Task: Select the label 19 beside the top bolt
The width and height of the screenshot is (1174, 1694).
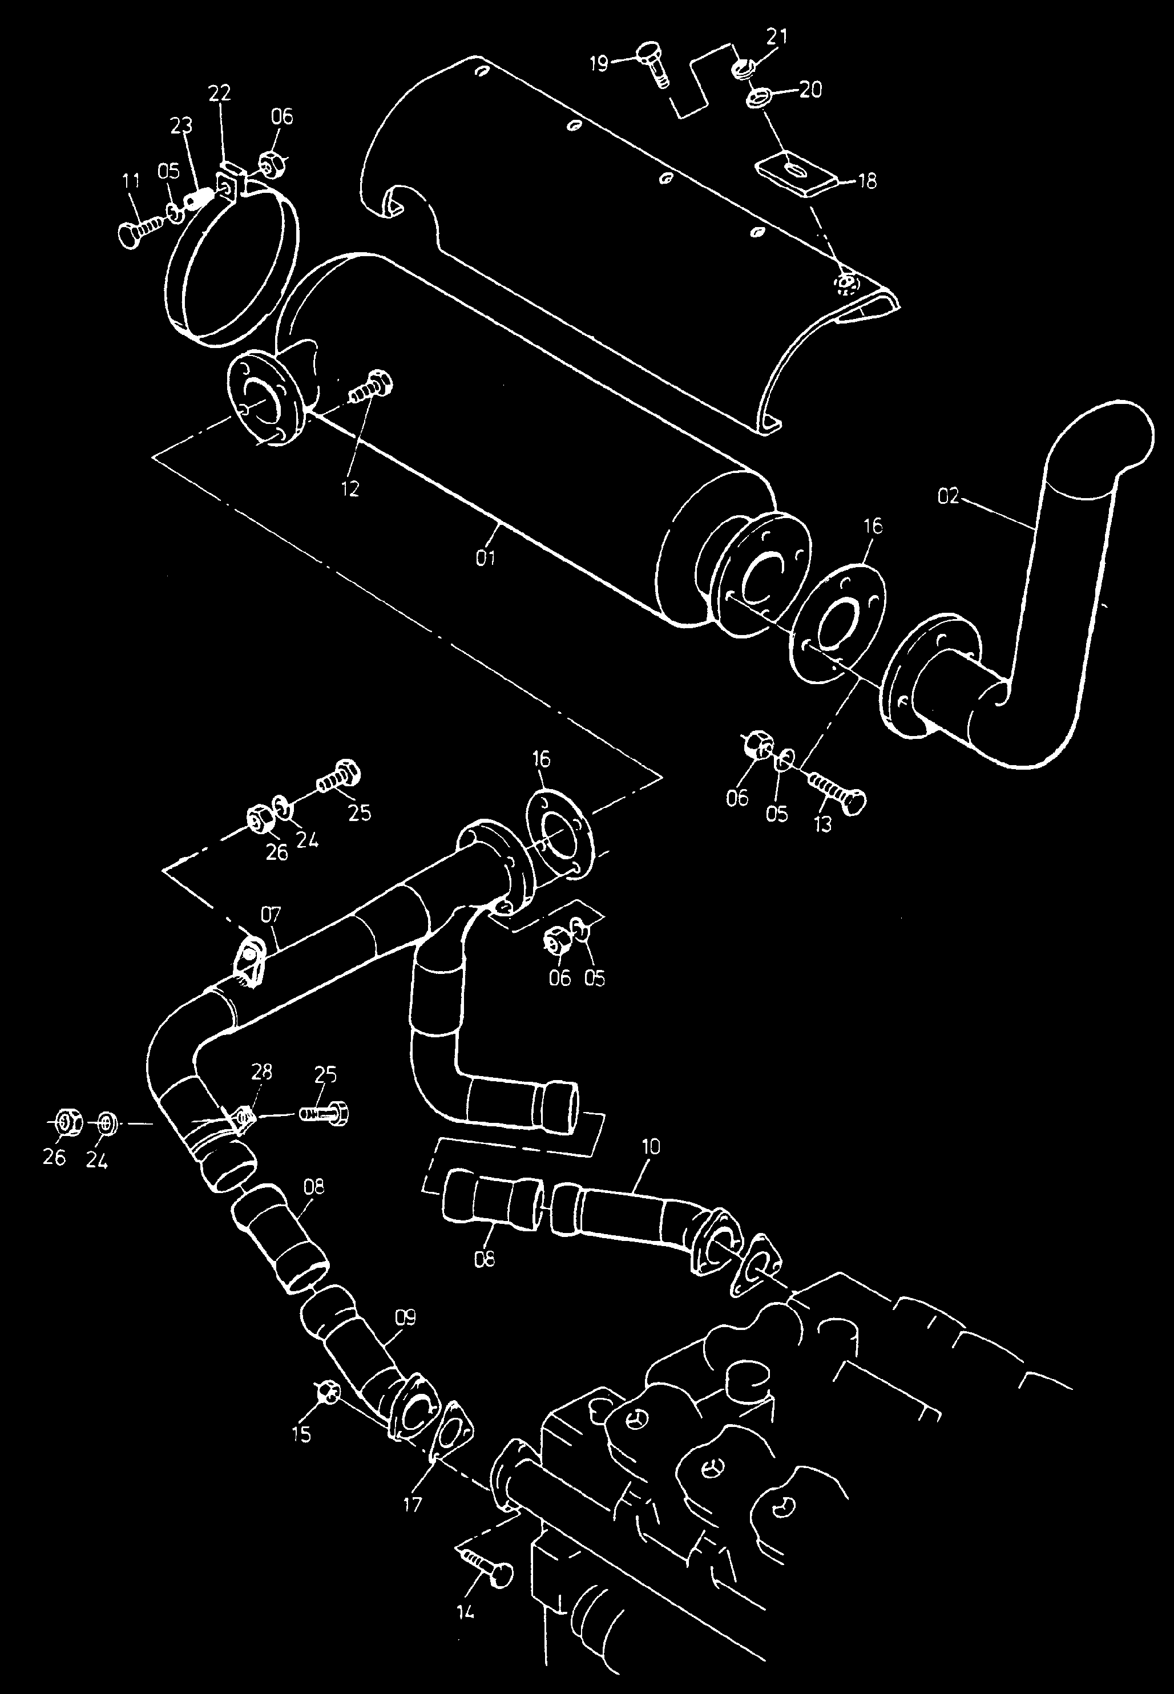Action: tap(599, 64)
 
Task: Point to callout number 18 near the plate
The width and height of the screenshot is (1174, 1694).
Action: tap(868, 181)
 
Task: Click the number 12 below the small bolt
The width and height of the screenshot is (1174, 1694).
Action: tap(350, 489)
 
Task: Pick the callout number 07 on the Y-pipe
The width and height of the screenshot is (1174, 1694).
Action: tap(271, 915)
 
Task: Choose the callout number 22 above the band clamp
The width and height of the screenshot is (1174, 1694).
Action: tap(219, 92)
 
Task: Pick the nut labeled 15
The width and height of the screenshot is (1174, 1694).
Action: tap(329, 1392)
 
